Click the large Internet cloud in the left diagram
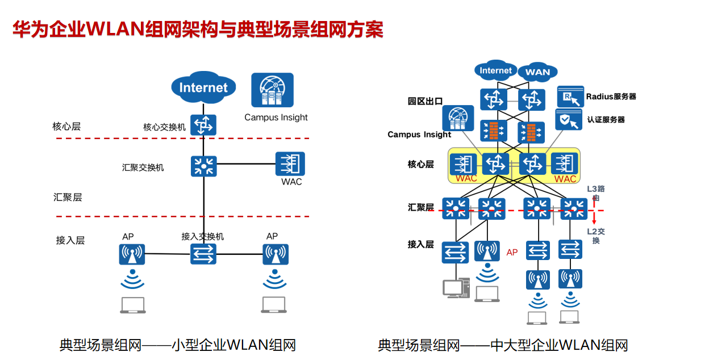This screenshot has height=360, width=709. point(203,87)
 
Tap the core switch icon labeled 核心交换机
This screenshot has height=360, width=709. point(203,125)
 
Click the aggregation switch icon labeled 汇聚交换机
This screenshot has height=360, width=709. point(203,165)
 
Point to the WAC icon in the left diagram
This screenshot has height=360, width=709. point(290,164)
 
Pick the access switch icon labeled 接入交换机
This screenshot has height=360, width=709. point(203,253)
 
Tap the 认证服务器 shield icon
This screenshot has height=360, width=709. point(568,120)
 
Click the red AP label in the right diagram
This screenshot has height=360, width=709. point(512,252)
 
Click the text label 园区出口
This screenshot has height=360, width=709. point(425,101)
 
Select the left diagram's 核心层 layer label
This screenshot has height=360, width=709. point(66,126)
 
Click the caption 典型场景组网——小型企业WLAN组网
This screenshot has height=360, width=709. point(178,345)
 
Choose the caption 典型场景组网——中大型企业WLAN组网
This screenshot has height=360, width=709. point(503,345)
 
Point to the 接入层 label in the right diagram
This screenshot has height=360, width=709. point(420,244)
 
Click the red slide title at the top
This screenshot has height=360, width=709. point(198,30)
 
